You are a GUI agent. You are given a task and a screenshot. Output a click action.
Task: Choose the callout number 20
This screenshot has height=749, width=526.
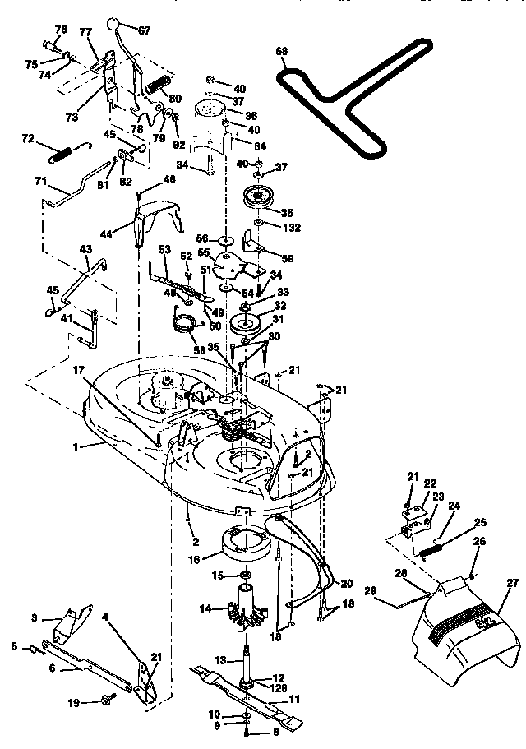[x=346, y=582]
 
